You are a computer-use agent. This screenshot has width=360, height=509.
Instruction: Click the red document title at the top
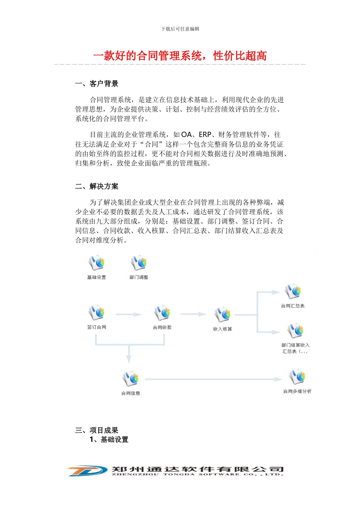pos(180,56)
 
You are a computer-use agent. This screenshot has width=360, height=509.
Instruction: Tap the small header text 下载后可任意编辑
pos(180,29)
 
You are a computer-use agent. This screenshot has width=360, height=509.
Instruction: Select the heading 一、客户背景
pos(97,84)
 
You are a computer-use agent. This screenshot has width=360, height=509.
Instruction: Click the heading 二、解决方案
pos(97,186)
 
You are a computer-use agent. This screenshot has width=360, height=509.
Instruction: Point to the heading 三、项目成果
pos(97,430)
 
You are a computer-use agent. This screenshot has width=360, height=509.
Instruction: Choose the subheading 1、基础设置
pos(109,439)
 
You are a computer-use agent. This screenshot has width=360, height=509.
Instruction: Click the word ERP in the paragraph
pos(205,134)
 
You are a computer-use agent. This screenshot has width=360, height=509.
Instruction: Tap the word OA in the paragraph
pos(186,134)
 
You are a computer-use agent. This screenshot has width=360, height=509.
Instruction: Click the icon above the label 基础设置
pos(97,262)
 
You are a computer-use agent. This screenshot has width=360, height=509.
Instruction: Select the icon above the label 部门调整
pos(139,262)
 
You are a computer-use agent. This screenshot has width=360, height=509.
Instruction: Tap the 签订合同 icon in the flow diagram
pos(97,312)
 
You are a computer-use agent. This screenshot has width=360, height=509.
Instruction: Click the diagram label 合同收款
pos(162,327)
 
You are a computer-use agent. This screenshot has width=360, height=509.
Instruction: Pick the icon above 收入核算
pos(222,314)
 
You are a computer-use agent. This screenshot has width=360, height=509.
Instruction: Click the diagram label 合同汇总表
pos(293,306)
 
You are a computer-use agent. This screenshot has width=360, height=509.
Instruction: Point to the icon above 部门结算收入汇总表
pos(295,330)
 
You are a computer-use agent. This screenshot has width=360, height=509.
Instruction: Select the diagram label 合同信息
pos(131,393)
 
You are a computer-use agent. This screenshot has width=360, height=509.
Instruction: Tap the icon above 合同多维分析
pos(297,376)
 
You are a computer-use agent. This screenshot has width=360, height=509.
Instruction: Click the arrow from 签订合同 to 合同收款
pos(128,314)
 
